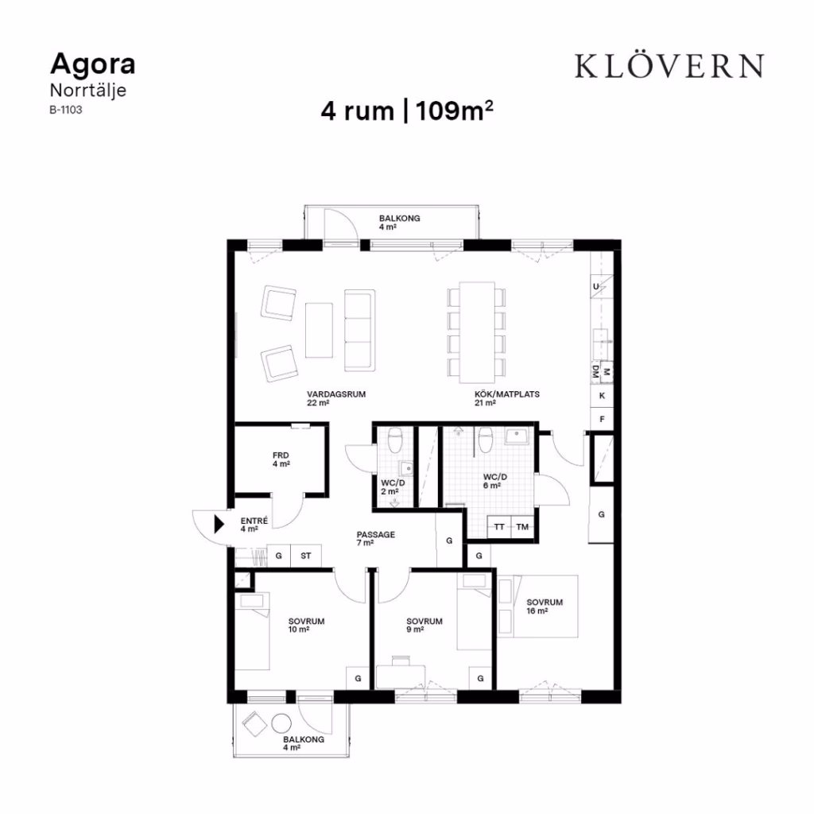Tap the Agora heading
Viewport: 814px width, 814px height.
pos(93,64)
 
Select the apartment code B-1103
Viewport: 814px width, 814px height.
pos(66,110)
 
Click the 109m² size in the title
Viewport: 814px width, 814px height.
pos(454,110)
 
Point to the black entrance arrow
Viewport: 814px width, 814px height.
pos(219,524)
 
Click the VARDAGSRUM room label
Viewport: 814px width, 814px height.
pos(336,394)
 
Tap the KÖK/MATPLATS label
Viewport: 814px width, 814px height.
pos(506,394)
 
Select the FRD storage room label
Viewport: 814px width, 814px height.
pos(281,455)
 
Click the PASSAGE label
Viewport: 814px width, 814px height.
pos(376,534)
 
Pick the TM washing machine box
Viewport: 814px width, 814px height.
pos(522,527)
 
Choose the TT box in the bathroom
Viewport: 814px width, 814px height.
pos(499,527)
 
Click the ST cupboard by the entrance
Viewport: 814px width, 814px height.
pos(306,556)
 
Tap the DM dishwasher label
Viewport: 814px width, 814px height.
pos(596,372)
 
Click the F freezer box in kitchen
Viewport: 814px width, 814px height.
pos(603,419)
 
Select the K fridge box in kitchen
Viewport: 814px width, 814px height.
pos(603,396)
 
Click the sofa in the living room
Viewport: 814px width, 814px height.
pos(360,331)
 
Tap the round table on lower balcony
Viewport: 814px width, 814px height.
pos(281,723)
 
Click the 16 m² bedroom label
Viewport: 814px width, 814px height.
pos(545,607)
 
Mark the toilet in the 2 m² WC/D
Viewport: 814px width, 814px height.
pos(395,440)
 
